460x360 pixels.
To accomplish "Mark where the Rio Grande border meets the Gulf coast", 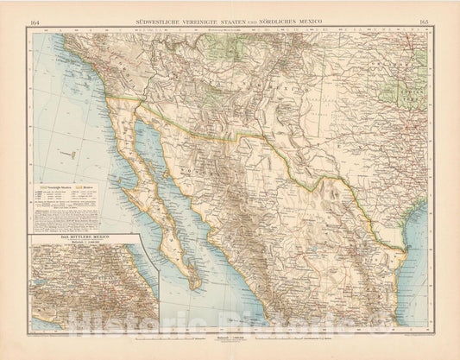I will point(406,249).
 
